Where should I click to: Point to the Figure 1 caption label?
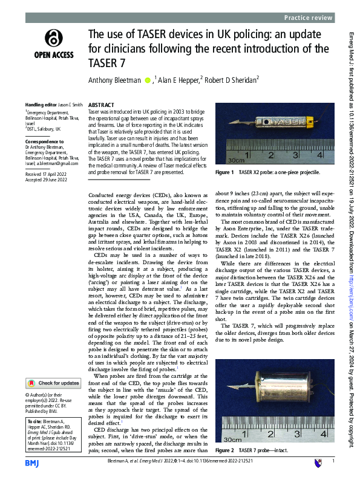(224, 172)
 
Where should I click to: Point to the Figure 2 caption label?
(224, 450)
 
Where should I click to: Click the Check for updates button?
(53, 383)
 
